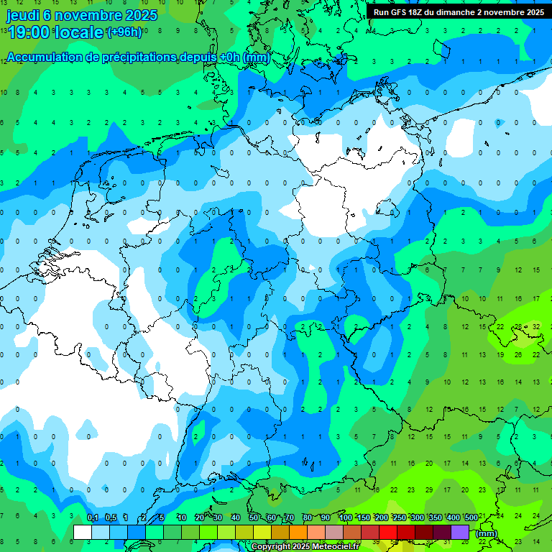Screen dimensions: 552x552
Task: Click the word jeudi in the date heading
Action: [x=23, y=15]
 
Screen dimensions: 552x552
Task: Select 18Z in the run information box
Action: [x=420, y=12]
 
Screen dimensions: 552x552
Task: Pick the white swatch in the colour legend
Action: [x=83, y=533]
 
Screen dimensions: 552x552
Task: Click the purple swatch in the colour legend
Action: [x=460, y=533]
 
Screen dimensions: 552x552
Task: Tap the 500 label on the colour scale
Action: [x=471, y=517]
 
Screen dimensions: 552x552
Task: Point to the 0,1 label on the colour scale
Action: [x=93, y=517]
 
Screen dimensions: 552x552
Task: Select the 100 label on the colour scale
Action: [x=346, y=517]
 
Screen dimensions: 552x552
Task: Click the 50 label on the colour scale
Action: [x=254, y=517]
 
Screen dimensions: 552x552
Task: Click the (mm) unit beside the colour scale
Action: [x=487, y=533]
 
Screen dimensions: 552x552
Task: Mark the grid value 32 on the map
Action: [x=536, y=326]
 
